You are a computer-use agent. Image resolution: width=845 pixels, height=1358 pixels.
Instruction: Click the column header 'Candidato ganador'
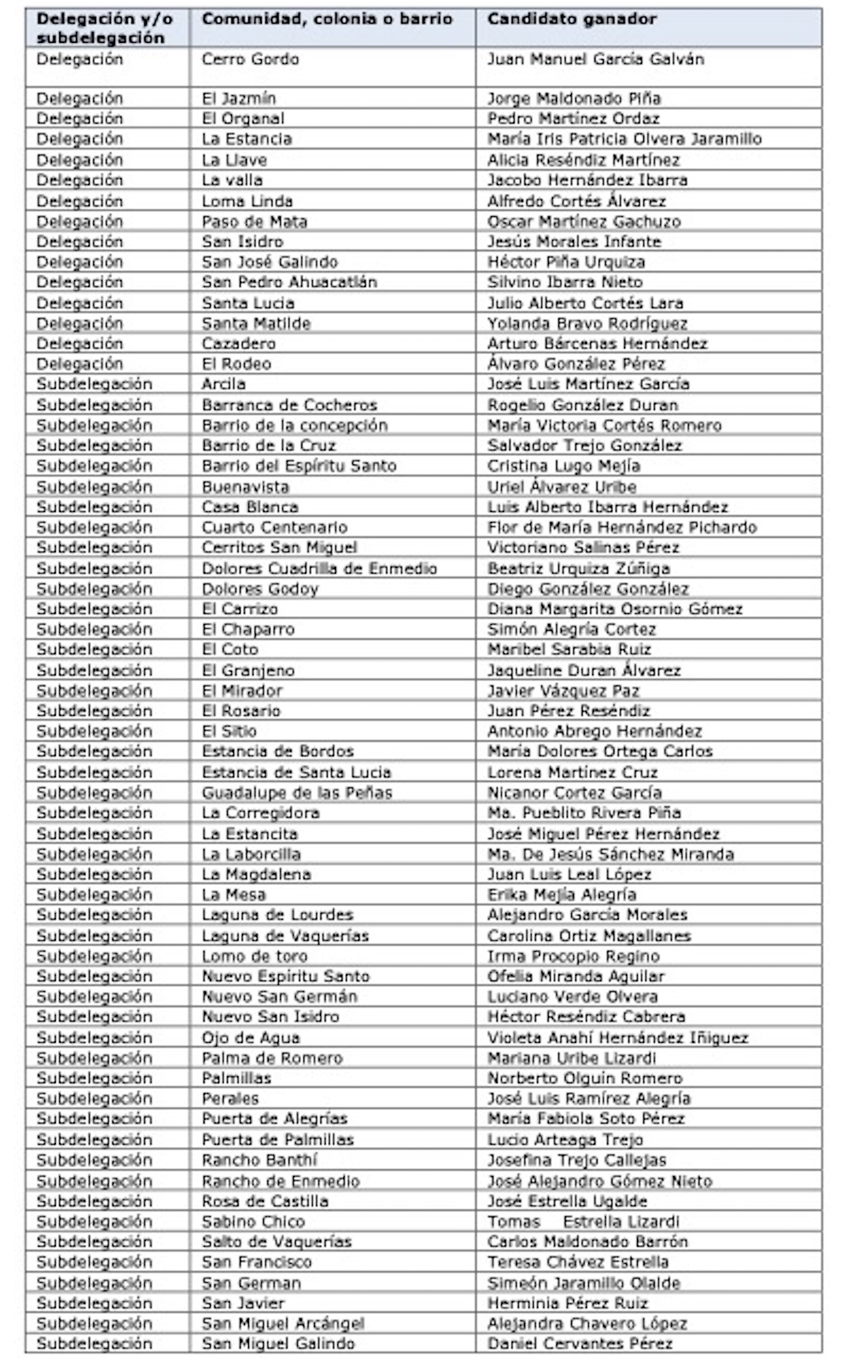pyautogui.click(x=572, y=19)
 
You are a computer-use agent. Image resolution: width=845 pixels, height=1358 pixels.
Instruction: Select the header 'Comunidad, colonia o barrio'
pyautogui.click(x=327, y=19)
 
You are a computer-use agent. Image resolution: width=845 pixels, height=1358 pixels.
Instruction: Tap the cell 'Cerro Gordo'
pyautogui.click(x=250, y=60)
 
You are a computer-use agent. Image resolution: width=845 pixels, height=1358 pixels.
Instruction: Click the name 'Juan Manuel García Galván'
pyautogui.click(x=595, y=60)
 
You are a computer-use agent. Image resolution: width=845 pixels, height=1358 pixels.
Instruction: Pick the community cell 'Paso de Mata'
pyautogui.click(x=254, y=222)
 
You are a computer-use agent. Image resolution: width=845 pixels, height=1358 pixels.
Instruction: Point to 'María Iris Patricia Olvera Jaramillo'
pyautogui.click(x=624, y=139)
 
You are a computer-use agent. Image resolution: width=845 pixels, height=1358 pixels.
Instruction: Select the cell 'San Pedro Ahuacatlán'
pyautogui.click(x=289, y=282)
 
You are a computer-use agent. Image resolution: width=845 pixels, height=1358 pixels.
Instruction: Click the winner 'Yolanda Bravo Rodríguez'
pyautogui.click(x=587, y=324)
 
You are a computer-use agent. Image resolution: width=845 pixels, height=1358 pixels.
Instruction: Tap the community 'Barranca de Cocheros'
pyautogui.click(x=289, y=405)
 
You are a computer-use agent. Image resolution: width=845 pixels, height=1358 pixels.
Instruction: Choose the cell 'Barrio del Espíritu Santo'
pyautogui.click(x=299, y=466)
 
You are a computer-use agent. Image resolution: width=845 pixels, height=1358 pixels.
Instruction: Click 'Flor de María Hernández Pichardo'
pyautogui.click(x=622, y=527)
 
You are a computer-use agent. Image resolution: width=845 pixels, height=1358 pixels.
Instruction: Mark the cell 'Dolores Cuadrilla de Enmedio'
pyautogui.click(x=319, y=569)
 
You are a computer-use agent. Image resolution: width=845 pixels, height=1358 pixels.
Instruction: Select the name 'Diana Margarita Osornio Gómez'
pyautogui.click(x=615, y=609)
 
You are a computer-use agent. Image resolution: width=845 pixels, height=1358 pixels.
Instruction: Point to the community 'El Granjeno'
pyautogui.click(x=248, y=671)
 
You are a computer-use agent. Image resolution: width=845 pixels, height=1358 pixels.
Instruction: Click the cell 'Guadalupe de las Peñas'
pyautogui.click(x=297, y=793)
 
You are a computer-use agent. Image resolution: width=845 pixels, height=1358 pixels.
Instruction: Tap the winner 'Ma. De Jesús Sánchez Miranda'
pyautogui.click(x=610, y=854)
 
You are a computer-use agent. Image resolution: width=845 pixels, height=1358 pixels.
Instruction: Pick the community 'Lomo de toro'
pyautogui.click(x=254, y=956)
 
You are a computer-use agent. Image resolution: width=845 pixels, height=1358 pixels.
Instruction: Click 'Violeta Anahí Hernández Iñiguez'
pyautogui.click(x=617, y=1038)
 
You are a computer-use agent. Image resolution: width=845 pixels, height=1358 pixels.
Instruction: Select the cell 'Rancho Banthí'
pyautogui.click(x=259, y=1160)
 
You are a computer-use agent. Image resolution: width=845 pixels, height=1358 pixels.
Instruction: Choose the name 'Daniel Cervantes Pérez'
pyautogui.click(x=580, y=1343)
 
